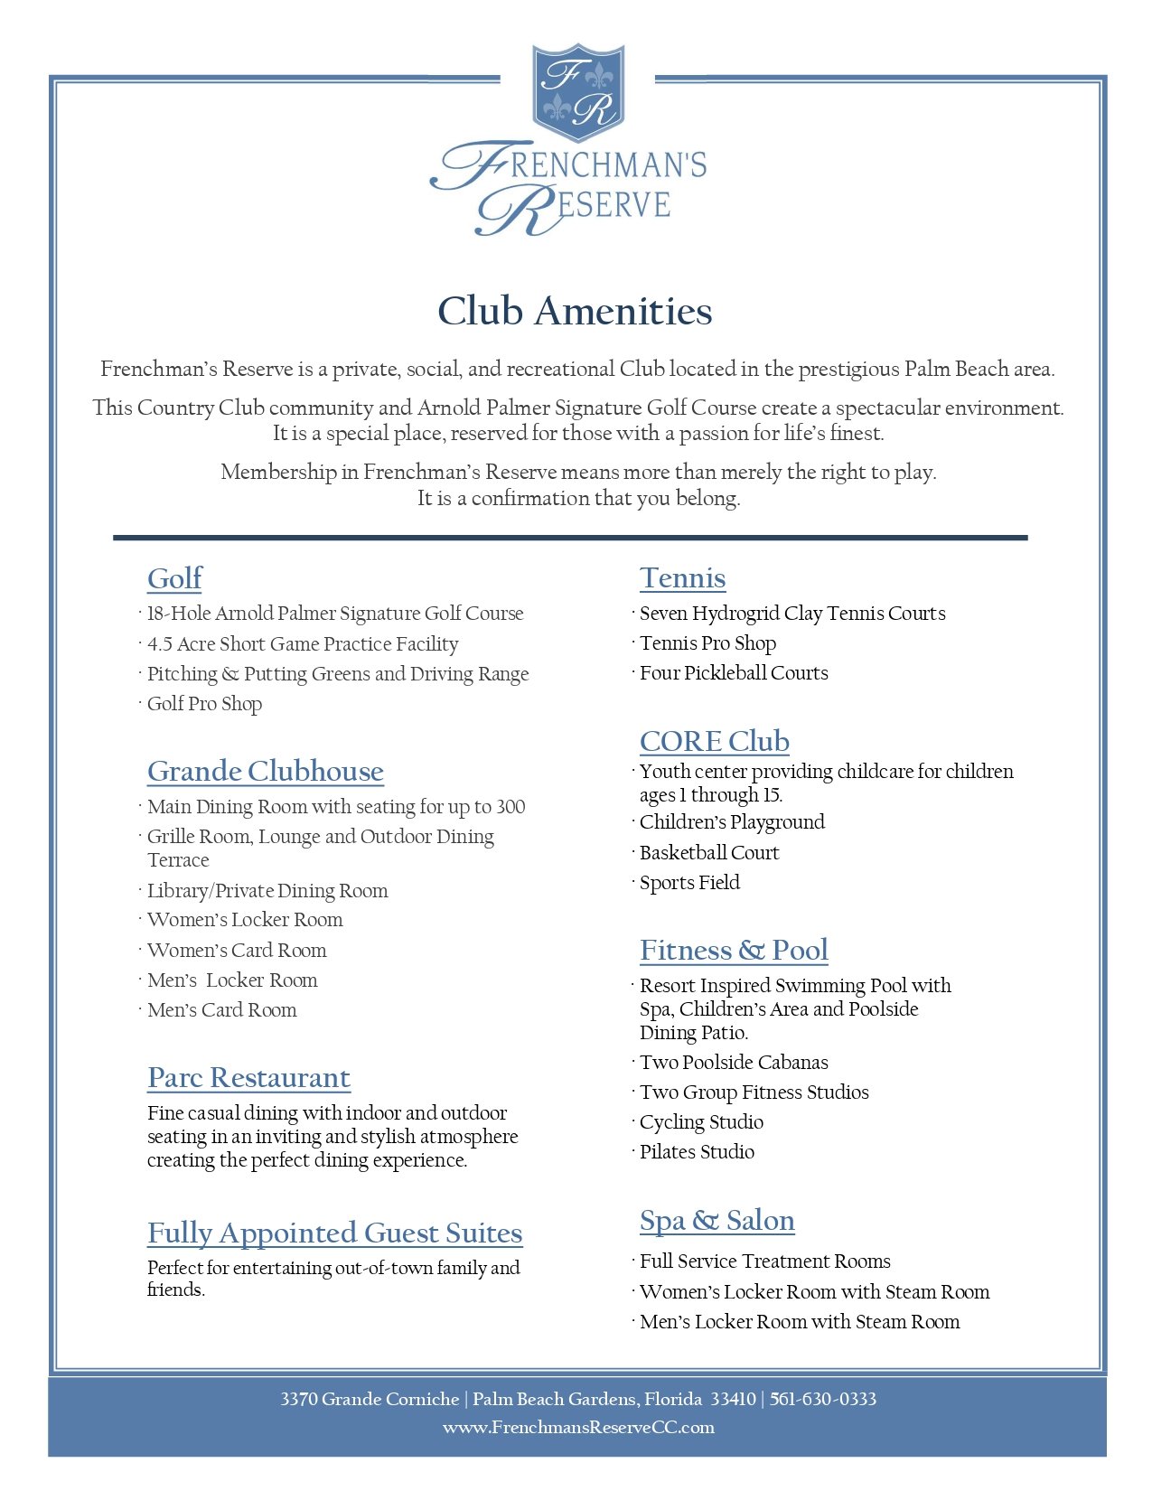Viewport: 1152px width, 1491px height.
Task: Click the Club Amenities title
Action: pos(575,312)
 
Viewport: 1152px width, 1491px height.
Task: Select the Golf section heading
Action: pos(174,578)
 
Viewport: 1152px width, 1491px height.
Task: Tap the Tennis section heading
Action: pos(682,578)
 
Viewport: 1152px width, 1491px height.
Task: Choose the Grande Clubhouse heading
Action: pos(265,771)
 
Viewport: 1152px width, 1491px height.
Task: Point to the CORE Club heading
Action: pos(714,741)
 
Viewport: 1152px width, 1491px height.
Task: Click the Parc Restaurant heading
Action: pos(248,1077)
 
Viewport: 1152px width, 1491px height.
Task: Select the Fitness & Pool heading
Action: pos(734,950)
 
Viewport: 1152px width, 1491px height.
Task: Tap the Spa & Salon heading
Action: pos(716,1220)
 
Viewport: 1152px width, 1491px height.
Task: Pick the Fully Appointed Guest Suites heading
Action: pos(334,1233)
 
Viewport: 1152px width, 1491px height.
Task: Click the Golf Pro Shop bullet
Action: pos(204,704)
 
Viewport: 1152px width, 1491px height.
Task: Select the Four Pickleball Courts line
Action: pos(734,673)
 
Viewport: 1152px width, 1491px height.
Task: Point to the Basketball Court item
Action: pos(708,853)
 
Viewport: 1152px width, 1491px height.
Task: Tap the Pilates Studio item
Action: pos(697,1152)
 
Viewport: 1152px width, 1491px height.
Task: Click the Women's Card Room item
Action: pos(237,951)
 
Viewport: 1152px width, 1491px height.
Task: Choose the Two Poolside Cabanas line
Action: pos(734,1063)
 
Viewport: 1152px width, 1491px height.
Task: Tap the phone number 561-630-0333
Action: pos(823,1400)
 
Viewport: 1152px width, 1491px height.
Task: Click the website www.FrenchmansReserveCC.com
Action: pos(578,1428)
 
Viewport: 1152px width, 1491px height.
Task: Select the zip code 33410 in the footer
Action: pos(733,1400)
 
